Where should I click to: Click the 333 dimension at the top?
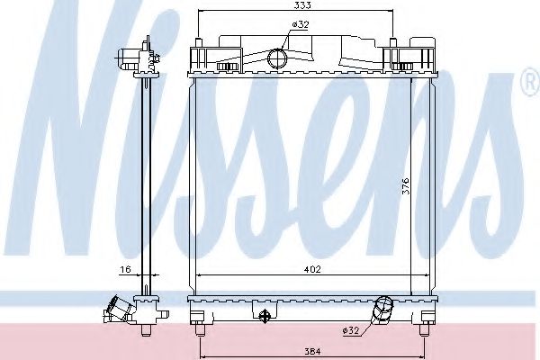(x=293, y=5)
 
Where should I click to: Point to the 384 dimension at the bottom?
(x=310, y=351)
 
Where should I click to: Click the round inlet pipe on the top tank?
(x=278, y=59)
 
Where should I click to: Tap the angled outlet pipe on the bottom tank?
(x=382, y=310)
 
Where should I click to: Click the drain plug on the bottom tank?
(x=264, y=315)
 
